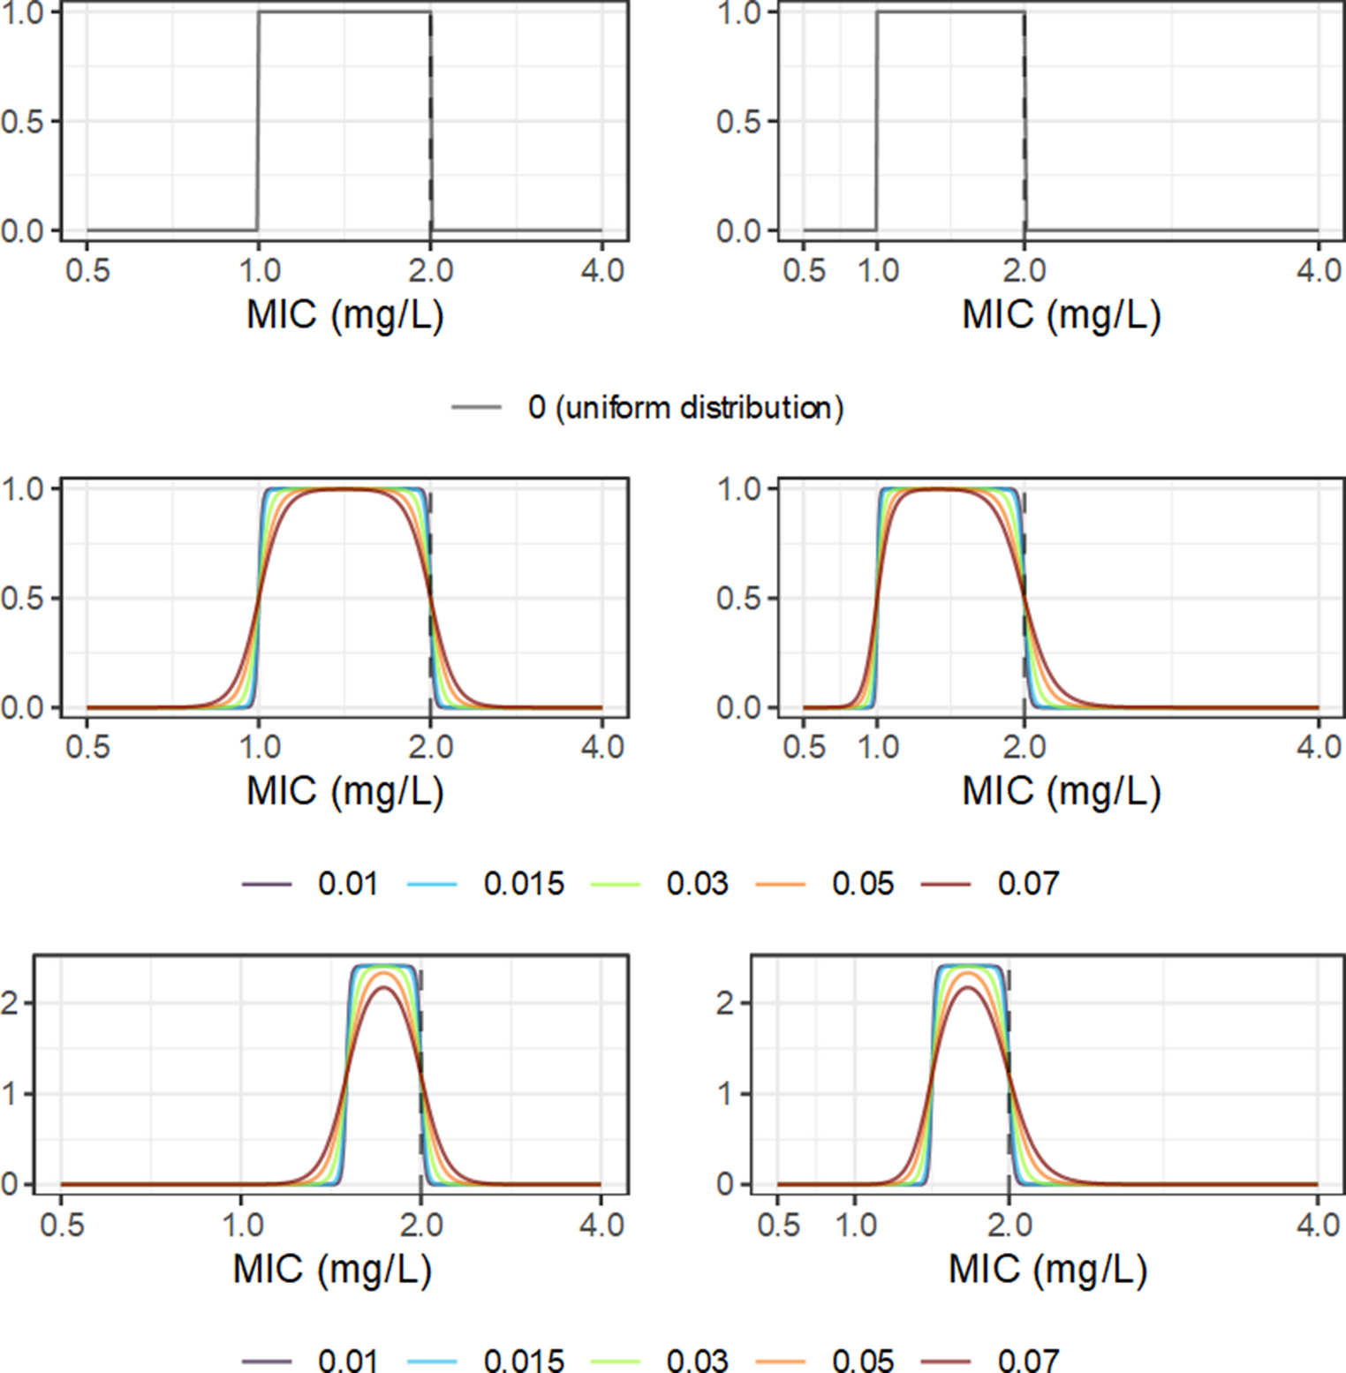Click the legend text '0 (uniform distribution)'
(x=685, y=407)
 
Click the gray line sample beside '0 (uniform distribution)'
(x=476, y=407)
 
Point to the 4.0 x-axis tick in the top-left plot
(x=602, y=269)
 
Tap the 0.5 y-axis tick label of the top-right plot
(x=737, y=122)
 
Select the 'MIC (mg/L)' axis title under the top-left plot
(x=344, y=314)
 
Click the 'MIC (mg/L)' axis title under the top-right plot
(x=1061, y=314)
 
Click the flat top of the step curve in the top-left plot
(x=344, y=11)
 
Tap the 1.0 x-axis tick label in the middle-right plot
(x=878, y=747)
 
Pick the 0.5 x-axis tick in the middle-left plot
(x=87, y=747)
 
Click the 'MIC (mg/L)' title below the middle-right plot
(x=1061, y=790)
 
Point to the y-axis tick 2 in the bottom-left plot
(x=11, y=1003)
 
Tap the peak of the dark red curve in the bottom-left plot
(x=384, y=987)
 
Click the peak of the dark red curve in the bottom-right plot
(x=970, y=987)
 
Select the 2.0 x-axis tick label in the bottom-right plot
(x=1009, y=1226)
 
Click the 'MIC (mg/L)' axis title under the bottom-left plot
(x=332, y=1269)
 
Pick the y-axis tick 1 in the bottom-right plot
(x=726, y=1094)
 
